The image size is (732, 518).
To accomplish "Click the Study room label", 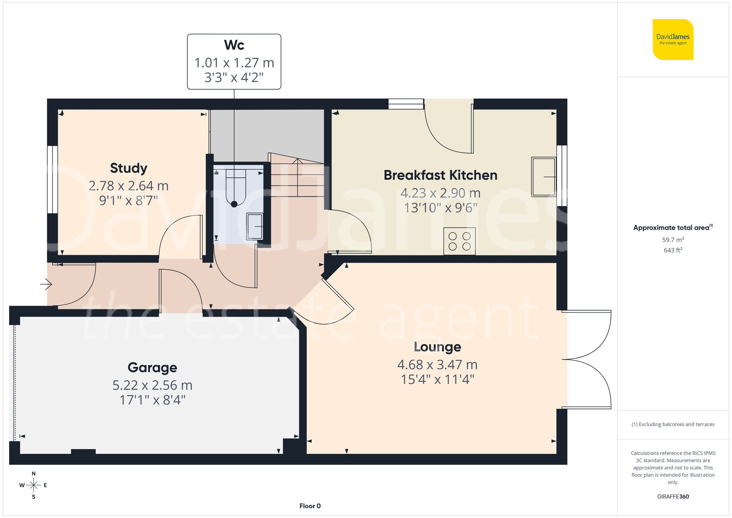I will point(128,168).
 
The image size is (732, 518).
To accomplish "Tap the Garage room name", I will point(152,367).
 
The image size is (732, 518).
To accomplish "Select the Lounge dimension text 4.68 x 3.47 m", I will point(437,365).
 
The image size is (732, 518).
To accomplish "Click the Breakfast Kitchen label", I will point(440,175).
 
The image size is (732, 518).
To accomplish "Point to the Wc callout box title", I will point(234,45).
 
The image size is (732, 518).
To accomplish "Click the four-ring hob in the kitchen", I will point(459,241).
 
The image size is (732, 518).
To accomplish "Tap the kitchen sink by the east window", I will point(544,177).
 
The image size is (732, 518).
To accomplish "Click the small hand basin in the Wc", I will point(255,226).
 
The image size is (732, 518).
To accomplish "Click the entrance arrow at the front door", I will point(46,284).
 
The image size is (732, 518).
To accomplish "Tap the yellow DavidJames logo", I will point(673,40).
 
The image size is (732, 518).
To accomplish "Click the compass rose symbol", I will point(34,485).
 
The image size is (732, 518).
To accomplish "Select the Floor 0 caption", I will point(310,506).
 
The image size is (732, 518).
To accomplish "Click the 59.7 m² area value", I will point(673,240).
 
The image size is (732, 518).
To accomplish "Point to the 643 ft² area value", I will point(673,250).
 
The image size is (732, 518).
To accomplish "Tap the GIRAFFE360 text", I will point(673,496).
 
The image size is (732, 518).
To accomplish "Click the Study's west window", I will point(52,179).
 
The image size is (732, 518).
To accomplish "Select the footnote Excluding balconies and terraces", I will point(673,424).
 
